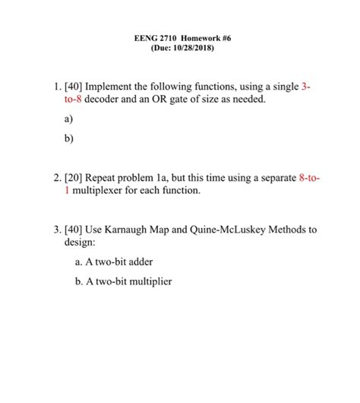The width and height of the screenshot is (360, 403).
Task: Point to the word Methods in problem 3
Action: pos(291,230)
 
